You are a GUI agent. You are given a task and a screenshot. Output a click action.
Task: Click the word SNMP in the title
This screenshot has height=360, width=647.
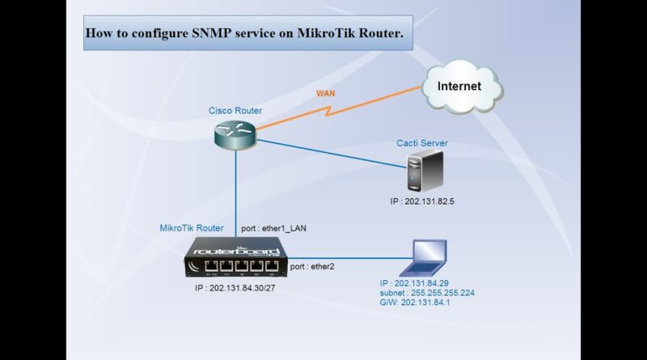[x=212, y=33]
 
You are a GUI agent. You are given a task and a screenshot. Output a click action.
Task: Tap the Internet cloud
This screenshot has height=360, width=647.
[x=462, y=87]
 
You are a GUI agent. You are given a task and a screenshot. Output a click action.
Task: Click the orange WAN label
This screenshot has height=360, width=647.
[x=326, y=93]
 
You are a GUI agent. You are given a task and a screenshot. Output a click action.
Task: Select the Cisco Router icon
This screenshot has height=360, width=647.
[x=235, y=135]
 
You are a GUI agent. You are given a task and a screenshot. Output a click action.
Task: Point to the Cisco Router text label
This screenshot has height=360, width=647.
[x=235, y=111]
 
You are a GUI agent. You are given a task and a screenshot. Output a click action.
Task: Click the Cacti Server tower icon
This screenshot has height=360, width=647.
[x=425, y=172]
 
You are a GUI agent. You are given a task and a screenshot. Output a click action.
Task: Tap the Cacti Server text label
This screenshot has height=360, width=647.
[x=422, y=143]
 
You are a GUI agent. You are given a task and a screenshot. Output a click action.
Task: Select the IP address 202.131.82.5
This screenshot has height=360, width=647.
[x=429, y=201]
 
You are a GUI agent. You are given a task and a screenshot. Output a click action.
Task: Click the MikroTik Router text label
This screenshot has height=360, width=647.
[x=192, y=228]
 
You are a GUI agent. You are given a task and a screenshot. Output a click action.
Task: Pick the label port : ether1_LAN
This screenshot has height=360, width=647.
[x=273, y=228]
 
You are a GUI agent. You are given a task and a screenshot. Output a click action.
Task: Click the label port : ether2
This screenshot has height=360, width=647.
[x=312, y=267]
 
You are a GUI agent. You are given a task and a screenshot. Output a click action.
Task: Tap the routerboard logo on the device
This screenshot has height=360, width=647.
[x=236, y=251]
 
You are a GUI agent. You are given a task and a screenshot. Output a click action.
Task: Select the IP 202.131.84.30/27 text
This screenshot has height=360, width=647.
[x=235, y=288]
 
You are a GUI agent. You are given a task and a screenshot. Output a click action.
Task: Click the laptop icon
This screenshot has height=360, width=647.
[x=424, y=258]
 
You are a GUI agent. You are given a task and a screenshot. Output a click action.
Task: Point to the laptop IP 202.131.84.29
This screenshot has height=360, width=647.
[x=414, y=283]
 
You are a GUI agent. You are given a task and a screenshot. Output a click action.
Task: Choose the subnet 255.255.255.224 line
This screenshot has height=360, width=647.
[x=427, y=293]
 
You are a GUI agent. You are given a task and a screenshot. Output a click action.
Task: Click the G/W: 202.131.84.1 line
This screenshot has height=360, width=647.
[x=415, y=303]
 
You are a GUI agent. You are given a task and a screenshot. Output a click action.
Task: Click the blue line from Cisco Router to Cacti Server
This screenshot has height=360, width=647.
[x=332, y=154]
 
